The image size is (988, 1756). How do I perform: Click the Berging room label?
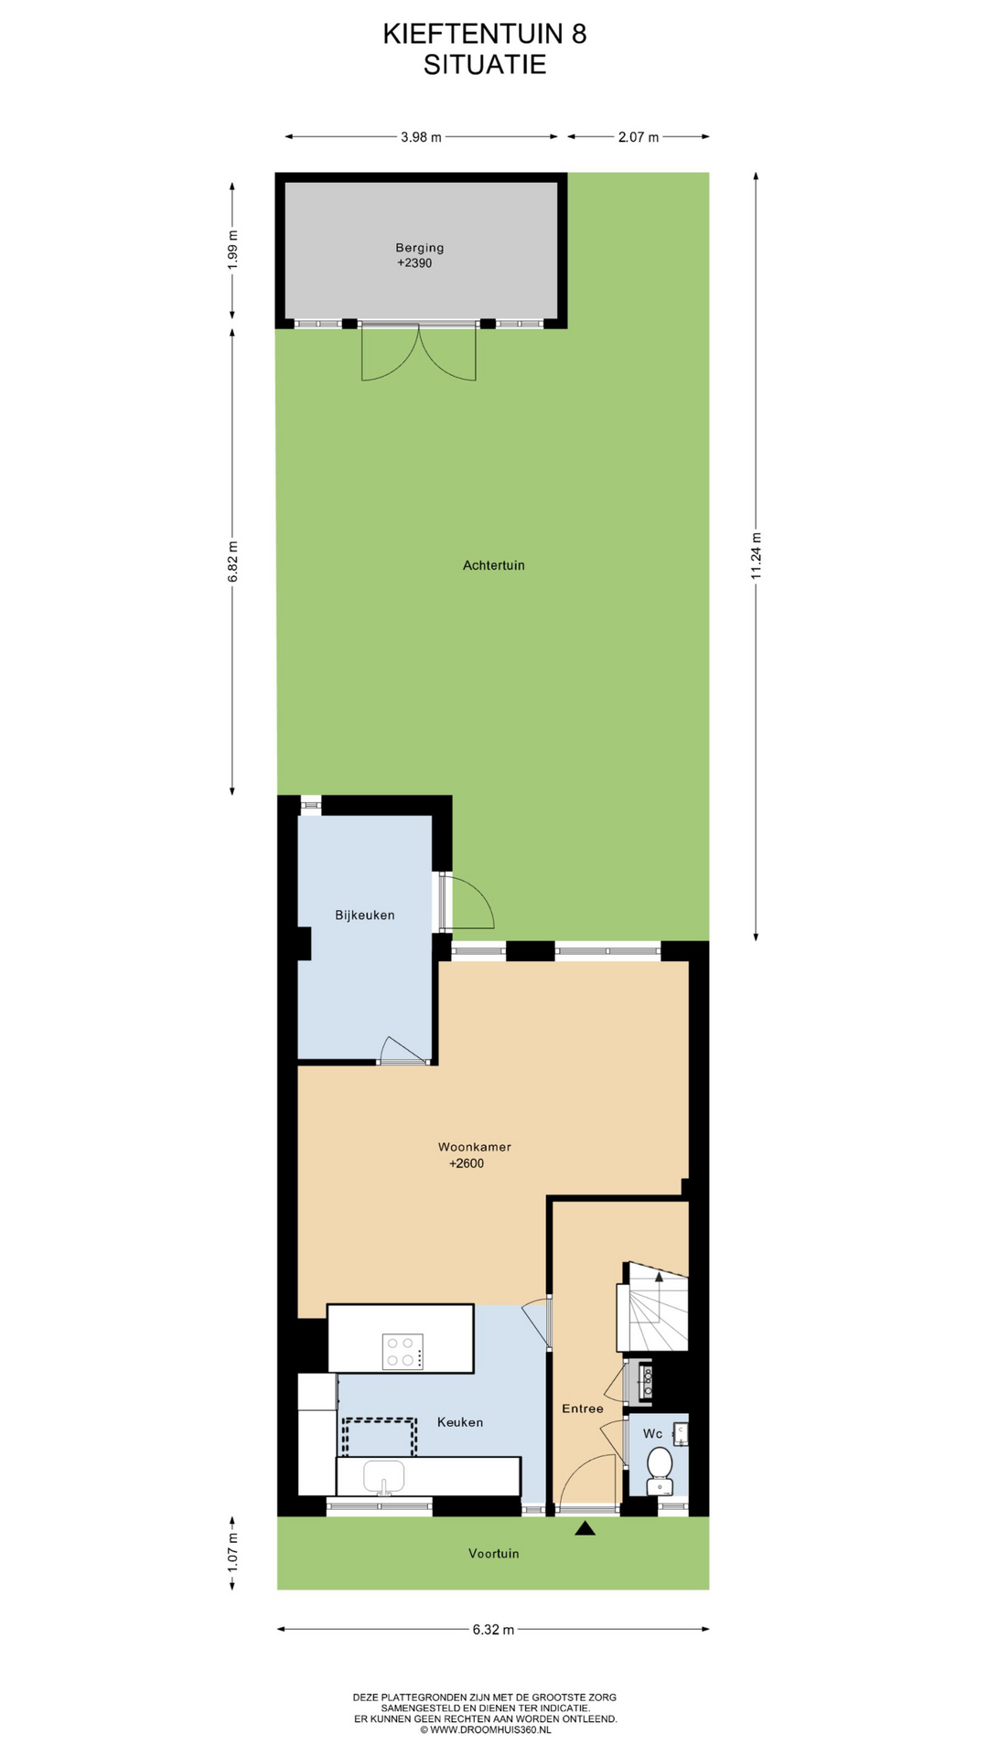click(420, 247)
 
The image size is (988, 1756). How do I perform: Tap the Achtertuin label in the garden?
click(494, 565)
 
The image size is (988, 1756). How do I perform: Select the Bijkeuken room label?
click(365, 915)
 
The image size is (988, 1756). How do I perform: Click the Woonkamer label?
click(475, 1146)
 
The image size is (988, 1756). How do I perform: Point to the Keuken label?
click(460, 1422)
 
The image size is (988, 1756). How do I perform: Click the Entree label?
click(583, 1408)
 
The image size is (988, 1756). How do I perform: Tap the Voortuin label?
click(494, 1553)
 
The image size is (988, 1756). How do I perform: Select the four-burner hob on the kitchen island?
click(403, 1352)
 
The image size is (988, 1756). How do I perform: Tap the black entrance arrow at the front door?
click(585, 1527)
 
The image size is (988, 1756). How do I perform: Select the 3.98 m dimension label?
click(421, 137)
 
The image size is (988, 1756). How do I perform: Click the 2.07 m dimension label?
click(639, 137)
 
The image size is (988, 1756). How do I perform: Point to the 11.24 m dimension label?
click(756, 555)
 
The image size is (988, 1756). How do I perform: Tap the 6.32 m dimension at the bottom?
click(494, 1629)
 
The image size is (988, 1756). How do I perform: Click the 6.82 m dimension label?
click(232, 561)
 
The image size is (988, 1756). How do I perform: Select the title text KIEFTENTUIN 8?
click(485, 34)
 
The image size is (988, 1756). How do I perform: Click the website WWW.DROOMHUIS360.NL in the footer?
click(485, 1729)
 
